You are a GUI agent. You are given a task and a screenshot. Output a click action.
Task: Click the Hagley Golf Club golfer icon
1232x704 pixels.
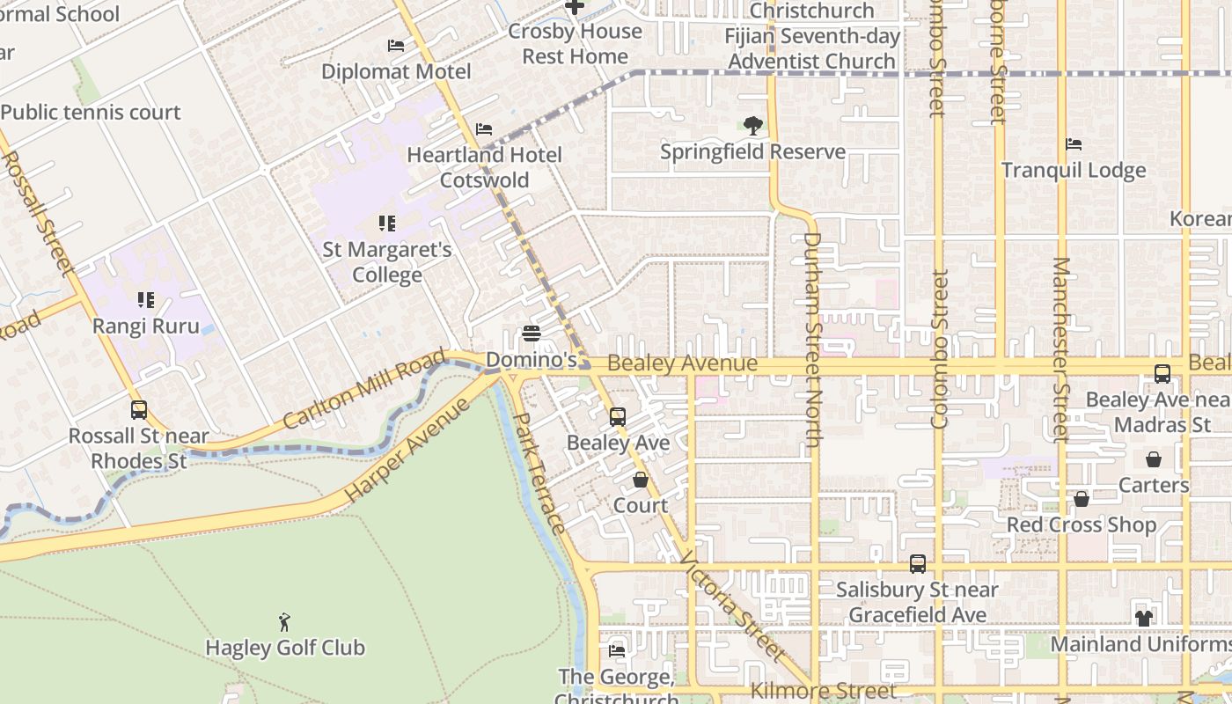click(x=283, y=622)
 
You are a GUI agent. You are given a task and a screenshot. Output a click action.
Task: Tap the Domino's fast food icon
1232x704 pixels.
click(x=531, y=334)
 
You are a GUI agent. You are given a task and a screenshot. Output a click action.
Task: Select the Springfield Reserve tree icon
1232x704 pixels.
click(x=752, y=126)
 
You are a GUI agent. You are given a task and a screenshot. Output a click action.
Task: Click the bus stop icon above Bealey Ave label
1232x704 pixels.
click(x=618, y=416)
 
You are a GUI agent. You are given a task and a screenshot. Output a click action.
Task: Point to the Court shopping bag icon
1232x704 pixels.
click(x=641, y=480)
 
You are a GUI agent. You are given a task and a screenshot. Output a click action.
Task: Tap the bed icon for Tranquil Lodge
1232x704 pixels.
click(x=1073, y=144)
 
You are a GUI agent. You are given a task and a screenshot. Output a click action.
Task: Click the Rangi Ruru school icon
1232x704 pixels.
click(x=146, y=300)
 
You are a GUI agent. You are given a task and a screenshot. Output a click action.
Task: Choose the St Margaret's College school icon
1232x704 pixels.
click(x=386, y=224)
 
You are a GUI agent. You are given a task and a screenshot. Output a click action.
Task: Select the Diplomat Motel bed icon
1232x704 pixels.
click(x=396, y=46)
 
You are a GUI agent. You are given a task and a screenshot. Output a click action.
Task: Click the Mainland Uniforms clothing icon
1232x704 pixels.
click(x=1143, y=619)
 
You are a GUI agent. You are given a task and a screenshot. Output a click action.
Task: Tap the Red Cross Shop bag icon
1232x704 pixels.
click(x=1082, y=499)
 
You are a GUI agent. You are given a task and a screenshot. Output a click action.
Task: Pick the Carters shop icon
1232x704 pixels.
click(x=1153, y=459)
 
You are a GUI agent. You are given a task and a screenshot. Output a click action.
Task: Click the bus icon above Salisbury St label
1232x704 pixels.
click(x=918, y=564)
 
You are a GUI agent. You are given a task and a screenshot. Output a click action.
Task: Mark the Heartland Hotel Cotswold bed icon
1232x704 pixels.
click(x=483, y=129)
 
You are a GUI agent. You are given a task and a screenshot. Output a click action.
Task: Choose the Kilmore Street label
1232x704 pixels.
click(x=823, y=692)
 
